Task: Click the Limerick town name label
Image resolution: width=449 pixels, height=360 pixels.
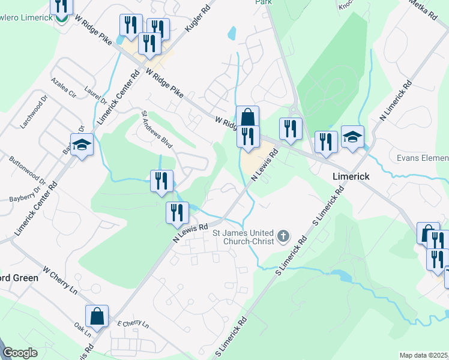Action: point(351,177)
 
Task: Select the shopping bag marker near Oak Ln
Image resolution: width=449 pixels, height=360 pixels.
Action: point(97,316)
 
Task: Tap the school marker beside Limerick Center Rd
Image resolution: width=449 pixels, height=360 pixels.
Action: point(82,145)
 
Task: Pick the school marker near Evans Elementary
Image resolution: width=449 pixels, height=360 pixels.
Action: point(352,137)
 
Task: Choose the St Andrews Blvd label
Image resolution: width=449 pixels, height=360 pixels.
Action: point(157,129)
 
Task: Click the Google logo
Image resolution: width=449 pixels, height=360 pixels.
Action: point(20,353)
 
